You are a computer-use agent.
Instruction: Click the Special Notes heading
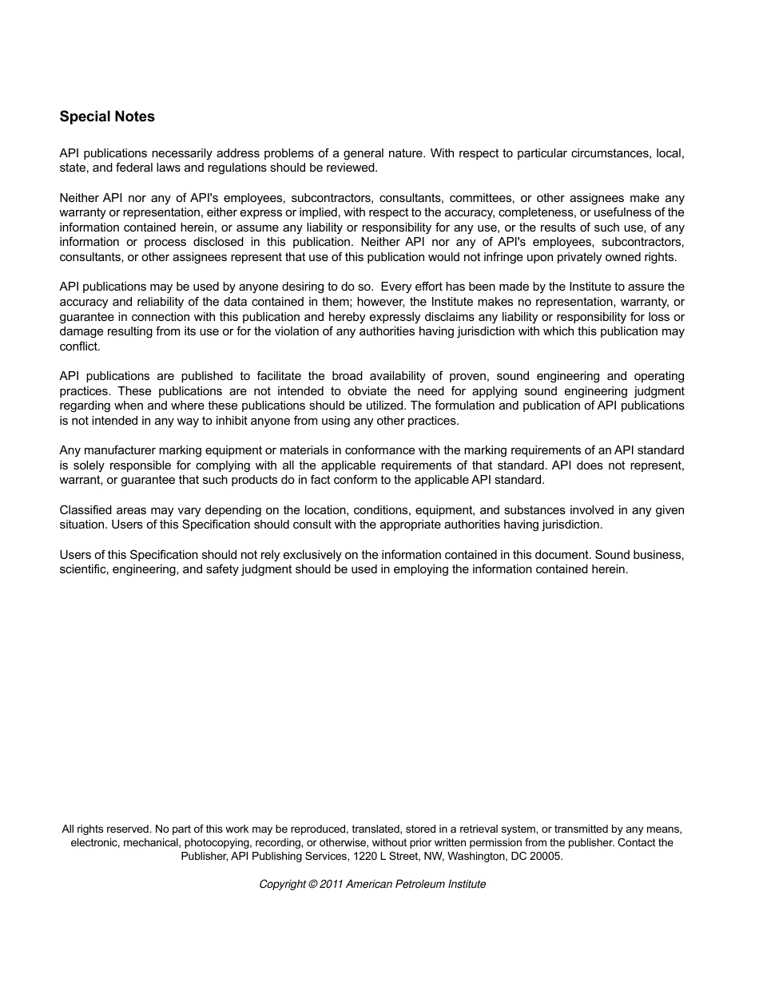click(107, 117)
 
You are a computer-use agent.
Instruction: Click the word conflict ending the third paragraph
click(79, 346)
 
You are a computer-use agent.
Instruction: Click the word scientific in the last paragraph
click(84, 569)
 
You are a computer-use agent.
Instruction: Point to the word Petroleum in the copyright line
click(423, 885)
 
